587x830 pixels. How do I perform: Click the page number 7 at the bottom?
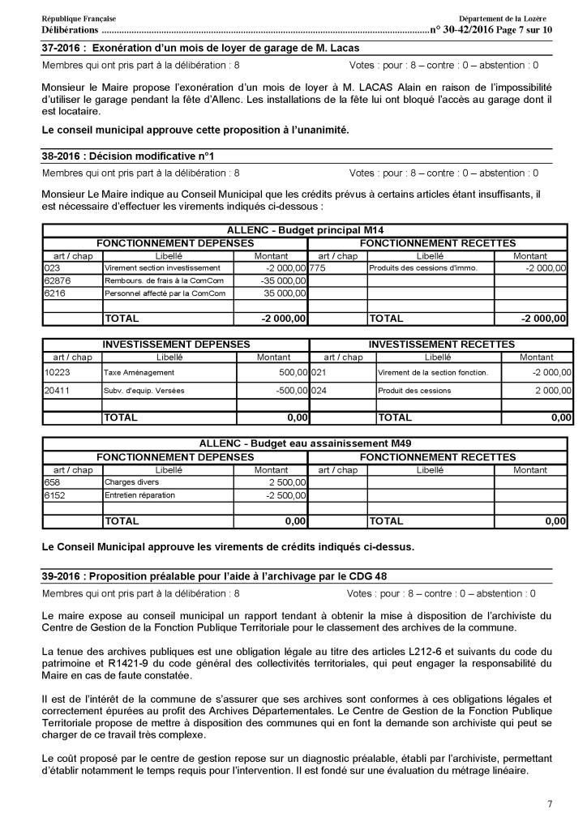[550, 804]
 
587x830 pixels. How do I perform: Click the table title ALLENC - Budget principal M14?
[304, 231]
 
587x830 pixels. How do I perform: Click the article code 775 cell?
[318, 267]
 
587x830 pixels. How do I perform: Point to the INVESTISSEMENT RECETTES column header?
[441, 344]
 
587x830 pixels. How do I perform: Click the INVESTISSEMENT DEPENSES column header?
[176, 344]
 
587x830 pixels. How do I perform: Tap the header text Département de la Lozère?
[502, 18]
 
